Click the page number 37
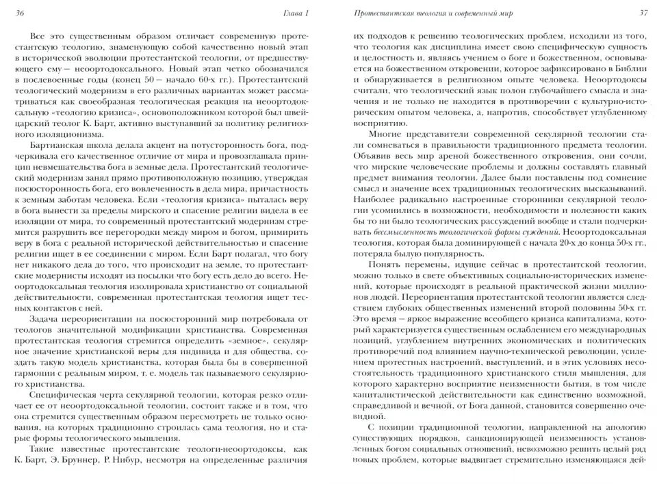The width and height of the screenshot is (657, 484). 643,14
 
